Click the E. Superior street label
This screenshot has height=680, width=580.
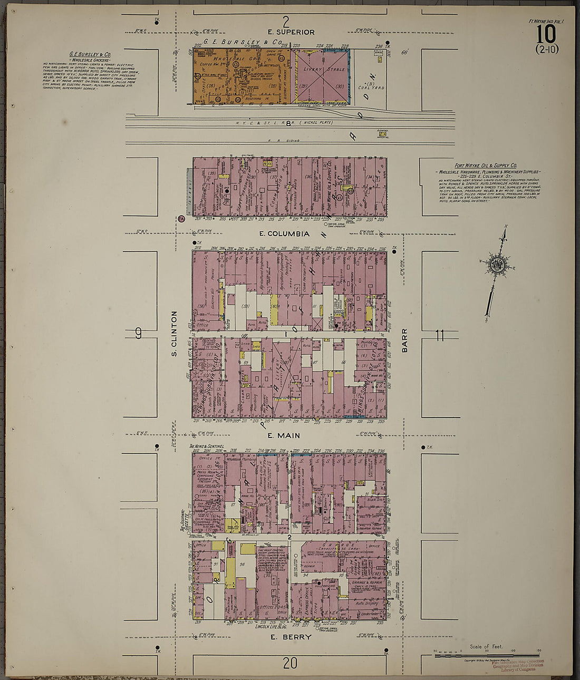[x=291, y=32]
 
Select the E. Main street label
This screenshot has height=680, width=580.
[x=284, y=435]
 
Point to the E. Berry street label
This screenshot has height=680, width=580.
[x=291, y=637]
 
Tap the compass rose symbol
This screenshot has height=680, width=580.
[x=496, y=264]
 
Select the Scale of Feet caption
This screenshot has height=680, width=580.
[x=486, y=647]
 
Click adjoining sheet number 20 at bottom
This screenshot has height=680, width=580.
[x=290, y=664]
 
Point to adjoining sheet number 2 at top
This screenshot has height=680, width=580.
[x=286, y=22]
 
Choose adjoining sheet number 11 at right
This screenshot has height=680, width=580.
[x=440, y=334]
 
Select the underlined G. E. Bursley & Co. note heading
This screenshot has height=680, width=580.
[x=90, y=54]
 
